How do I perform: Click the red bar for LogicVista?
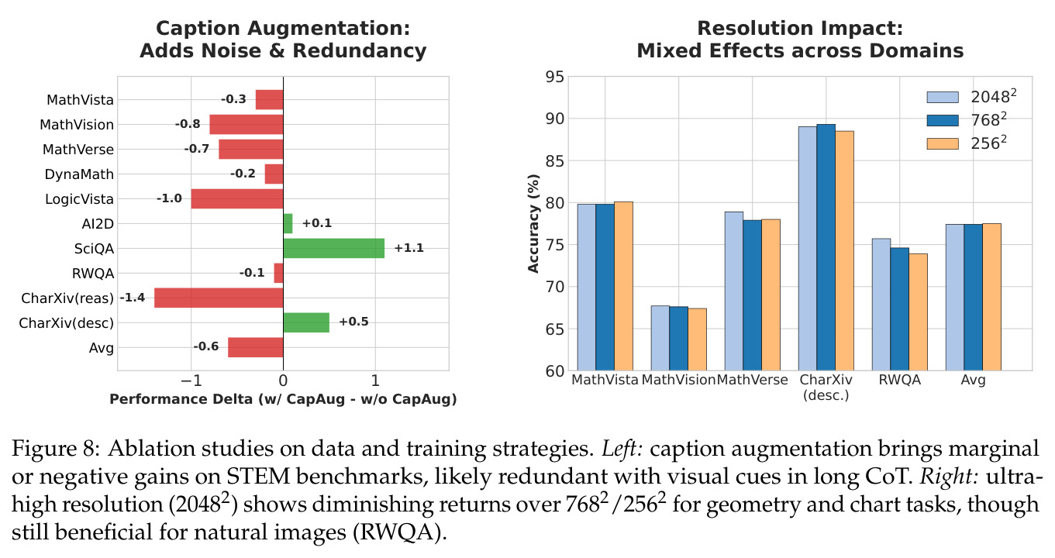pos(237,198)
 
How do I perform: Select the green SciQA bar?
pos(334,248)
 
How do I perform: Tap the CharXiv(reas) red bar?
pos(219,298)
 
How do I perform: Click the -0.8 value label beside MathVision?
pos(188,124)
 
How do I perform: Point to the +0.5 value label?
pos(353,322)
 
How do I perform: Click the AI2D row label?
pos(98,224)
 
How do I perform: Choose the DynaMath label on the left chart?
pos(79,174)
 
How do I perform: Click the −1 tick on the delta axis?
pos(191,381)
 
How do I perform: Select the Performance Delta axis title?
pos(283,399)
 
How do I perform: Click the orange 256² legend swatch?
pos(943,143)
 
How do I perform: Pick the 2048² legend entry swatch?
pos(943,97)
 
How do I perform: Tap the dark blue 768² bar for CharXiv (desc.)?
pos(826,247)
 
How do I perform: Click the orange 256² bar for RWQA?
pos(918,312)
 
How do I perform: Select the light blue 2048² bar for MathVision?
pos(660,338)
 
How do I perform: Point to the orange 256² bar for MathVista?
pos(623,286)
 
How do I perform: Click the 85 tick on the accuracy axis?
pos(554,161)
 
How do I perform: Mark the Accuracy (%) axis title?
pos(533,224)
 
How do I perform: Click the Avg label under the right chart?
pos(973,380)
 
